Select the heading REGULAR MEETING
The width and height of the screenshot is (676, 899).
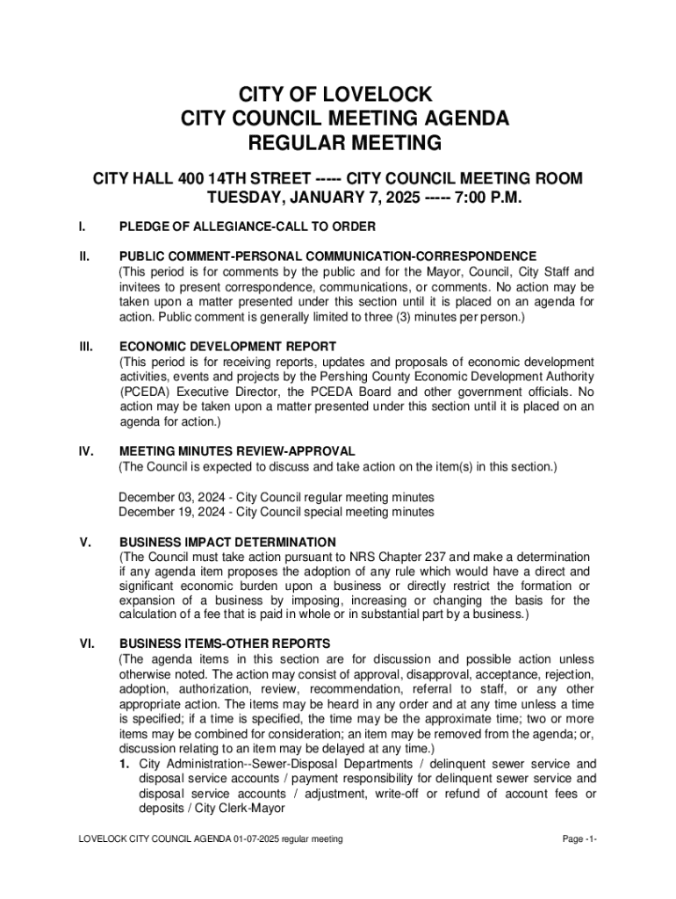click(x=338, y=142)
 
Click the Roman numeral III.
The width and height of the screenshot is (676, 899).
click(x=86, y=347)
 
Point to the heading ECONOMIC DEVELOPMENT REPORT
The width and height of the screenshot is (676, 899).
click(x=228, y=347)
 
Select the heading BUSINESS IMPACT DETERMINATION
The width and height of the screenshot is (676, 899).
click(x=227, y=542)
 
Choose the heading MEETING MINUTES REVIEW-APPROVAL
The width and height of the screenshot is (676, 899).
click(x=237, y=451)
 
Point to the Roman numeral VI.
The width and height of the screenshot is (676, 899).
click(x=87, y=644)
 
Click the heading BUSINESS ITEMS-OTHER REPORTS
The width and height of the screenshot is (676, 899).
click(x=225, y=644)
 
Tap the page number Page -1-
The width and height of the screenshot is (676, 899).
click(x=580, y=839)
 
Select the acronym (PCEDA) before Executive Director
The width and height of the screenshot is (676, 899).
click(x=147, y=392)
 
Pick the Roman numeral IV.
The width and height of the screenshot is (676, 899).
click(x=87, y=451)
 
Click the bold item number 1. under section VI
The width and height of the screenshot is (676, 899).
click(x=126, y=764)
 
